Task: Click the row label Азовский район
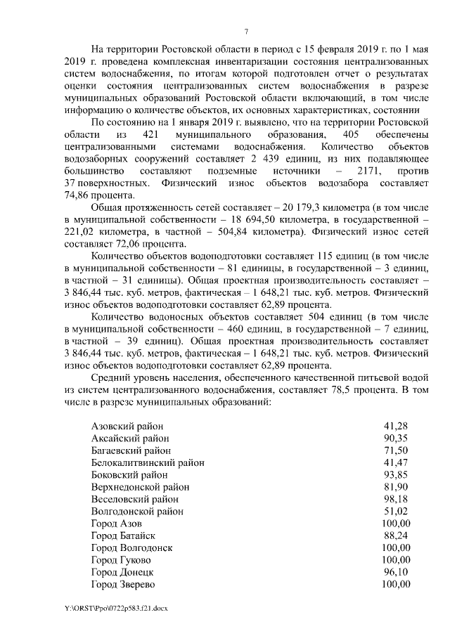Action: coord(127,426)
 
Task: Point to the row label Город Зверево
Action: coord(123,584)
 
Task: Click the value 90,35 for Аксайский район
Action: coord(395,438)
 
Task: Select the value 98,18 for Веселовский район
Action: coord(395,498)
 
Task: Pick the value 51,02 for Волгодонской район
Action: coord(395,511)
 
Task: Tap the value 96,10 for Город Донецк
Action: coord(395,571)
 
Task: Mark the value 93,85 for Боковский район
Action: coord(395,474)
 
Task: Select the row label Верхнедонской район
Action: coord(140,486)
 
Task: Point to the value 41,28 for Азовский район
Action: coord(395,426)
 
